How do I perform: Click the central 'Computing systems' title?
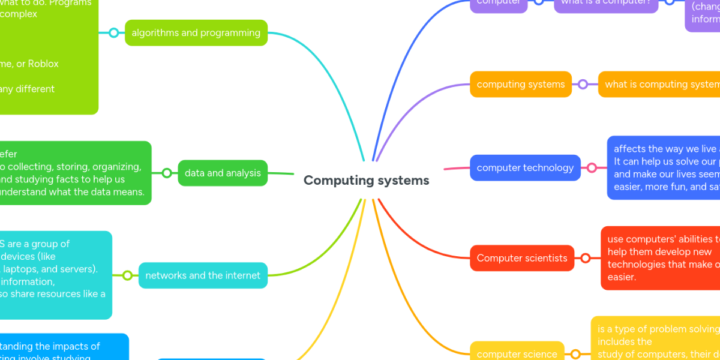(x=366, y=181)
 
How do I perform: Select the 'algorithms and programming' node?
(x=196, y=33)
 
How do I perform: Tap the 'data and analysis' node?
(x=223, y=173)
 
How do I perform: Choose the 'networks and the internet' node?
(x=203, y=276)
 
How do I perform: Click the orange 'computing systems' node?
(x=520, y=85)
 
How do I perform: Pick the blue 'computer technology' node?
(x=525, y=168)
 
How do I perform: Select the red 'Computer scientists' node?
(x=522, y=259)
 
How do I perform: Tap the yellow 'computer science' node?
(x=517, y=354)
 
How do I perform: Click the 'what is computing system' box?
(x=660, y=85)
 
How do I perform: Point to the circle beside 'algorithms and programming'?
(x=114, y=33)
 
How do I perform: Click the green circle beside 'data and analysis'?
(x=167, y=173)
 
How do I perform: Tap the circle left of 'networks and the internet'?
(x=127, y=276)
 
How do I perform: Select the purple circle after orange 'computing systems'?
(x=583, y=85)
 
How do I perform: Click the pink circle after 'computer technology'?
(x=592, y=168)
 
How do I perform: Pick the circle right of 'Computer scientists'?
(x=586, y=259)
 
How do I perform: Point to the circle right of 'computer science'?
(x=575, y=354)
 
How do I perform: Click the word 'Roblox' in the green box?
(x=43, y=64)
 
